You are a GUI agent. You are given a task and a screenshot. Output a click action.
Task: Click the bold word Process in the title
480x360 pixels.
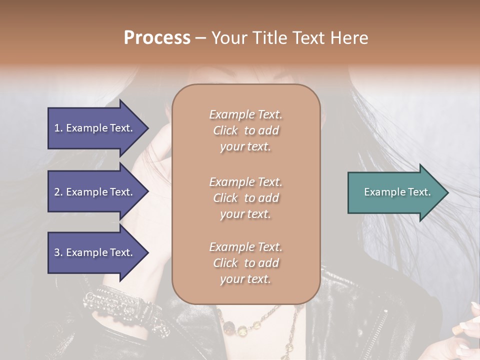157,38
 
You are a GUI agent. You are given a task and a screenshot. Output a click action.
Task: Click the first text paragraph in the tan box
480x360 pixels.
245,130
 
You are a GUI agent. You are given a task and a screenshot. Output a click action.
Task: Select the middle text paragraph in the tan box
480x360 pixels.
245,198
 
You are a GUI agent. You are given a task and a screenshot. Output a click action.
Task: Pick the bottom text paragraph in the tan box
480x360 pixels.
245,263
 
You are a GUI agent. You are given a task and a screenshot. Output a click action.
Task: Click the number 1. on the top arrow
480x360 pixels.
58,128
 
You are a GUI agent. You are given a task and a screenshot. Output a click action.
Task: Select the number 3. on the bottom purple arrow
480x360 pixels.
58,252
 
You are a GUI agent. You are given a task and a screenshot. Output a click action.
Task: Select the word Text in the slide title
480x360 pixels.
307,38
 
